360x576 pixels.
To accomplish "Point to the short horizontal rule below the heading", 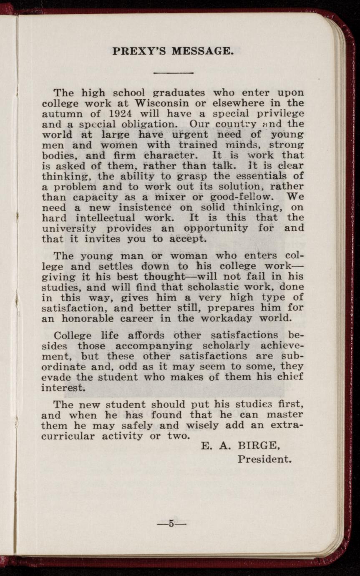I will (173, 73).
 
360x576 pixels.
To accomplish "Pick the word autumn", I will (58, 113).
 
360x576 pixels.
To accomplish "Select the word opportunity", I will (216, 228).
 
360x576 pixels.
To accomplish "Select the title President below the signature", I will (264, 460).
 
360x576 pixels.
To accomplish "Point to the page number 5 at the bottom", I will (171, 523).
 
